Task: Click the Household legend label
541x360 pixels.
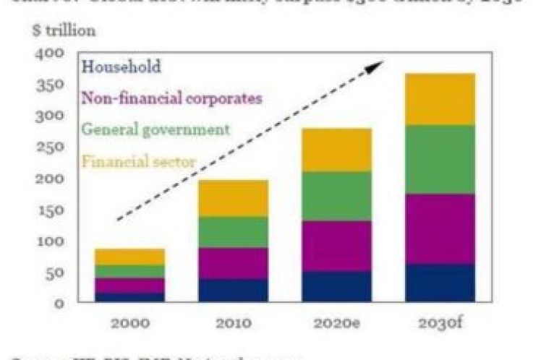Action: (121, 67)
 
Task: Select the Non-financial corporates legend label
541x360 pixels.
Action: (171, 98)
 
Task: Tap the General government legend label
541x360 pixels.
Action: (156, 130)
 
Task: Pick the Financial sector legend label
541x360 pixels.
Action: (138, 161)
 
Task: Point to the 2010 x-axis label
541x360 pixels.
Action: (233, 322)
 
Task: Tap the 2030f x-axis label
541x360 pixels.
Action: (440, 322)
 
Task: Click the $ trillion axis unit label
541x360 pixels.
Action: (63, 31)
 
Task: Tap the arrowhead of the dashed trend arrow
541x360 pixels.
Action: (375, 67)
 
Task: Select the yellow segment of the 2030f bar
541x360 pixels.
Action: (440, 99)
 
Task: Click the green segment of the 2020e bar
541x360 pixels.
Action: (337, 196)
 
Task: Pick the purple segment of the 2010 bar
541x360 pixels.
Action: (233, 263)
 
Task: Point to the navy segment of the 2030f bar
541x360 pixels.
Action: (440, 283)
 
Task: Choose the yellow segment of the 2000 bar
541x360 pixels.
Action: (130, 257)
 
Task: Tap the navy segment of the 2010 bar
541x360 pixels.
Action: (233, 290)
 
